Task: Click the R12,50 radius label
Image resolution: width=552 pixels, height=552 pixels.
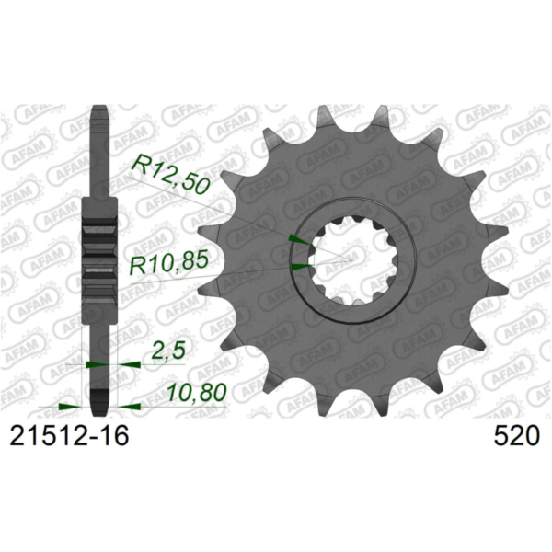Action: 171,173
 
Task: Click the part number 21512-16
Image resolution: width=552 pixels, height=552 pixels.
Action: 69,436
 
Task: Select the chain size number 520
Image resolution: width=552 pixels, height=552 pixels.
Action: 515,436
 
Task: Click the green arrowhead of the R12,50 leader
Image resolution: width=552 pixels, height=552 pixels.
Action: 298,239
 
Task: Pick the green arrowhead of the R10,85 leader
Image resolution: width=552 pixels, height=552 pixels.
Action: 300,267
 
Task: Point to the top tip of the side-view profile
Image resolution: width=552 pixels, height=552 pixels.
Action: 100,111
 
